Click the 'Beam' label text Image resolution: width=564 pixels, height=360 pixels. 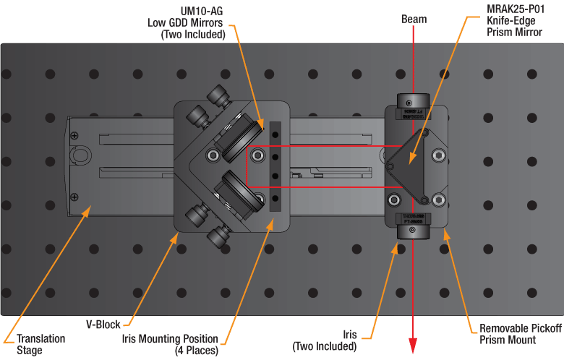click(414, 20)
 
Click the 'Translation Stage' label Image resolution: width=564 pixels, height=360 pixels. click(41, 344)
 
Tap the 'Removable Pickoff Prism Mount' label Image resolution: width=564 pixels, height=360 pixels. click(520, 333)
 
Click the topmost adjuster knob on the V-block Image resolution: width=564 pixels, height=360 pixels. click(217, 95)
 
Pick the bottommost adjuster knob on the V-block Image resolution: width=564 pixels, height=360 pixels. click(218, 236)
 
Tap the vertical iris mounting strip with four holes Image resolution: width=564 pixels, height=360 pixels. click(275, 166)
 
